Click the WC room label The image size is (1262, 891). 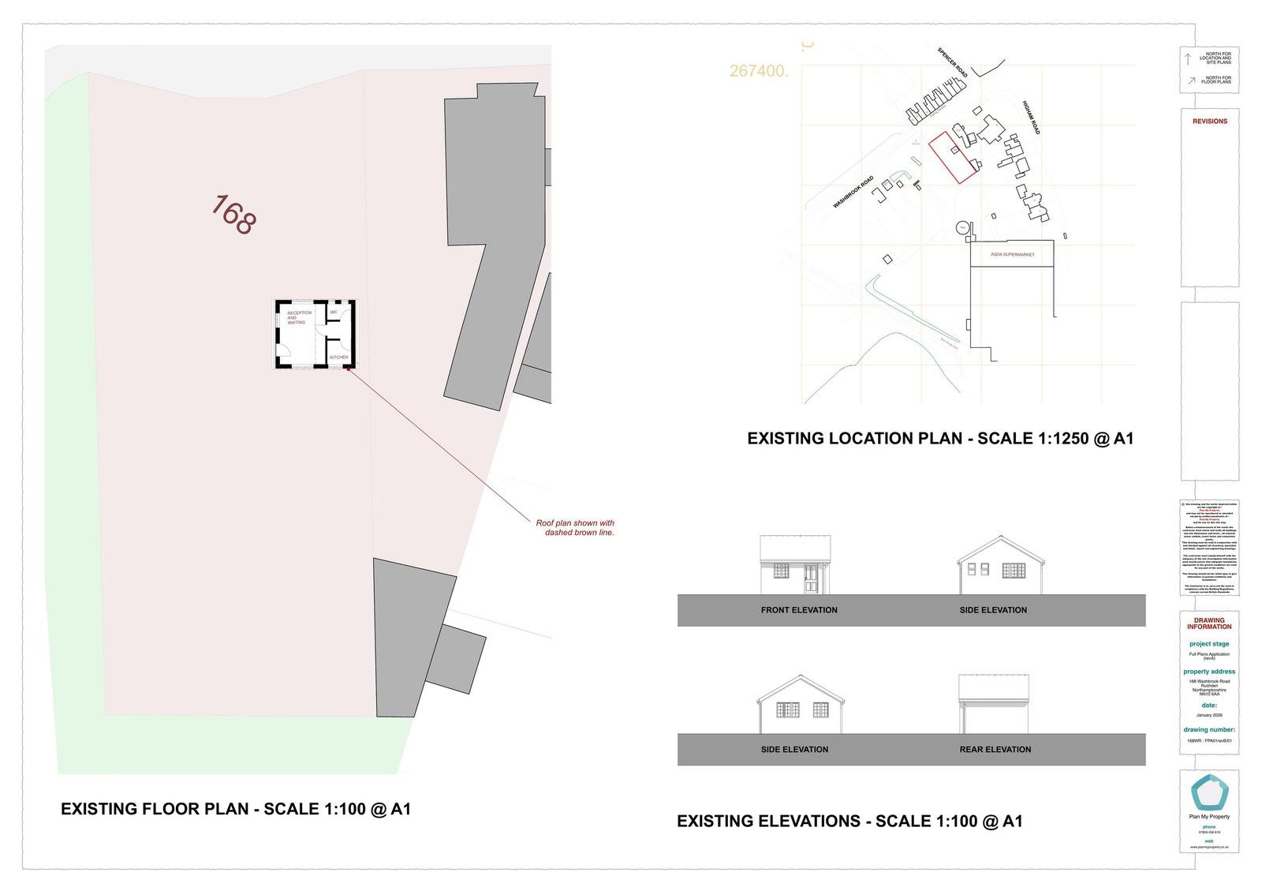point(334,313)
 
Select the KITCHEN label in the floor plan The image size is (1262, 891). point(338,358)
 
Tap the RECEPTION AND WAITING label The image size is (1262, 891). point(299,317)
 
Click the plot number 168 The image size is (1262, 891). point(233,215)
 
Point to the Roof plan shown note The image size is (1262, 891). point(575,528)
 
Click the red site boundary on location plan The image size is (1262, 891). point(954,158)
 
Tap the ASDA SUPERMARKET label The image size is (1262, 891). point(1012,255)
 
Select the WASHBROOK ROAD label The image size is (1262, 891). point(853,192)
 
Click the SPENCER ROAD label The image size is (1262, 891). point(953,62)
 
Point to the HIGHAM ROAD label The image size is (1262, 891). point(1032,117)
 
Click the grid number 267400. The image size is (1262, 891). point(759,71)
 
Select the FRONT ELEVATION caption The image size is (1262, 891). point(799,610)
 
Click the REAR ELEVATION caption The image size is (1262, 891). point(995,750)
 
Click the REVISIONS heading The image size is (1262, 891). point(1209,122)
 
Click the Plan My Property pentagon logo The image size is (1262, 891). point(1208,792)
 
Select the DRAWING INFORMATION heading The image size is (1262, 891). point(1209,623)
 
